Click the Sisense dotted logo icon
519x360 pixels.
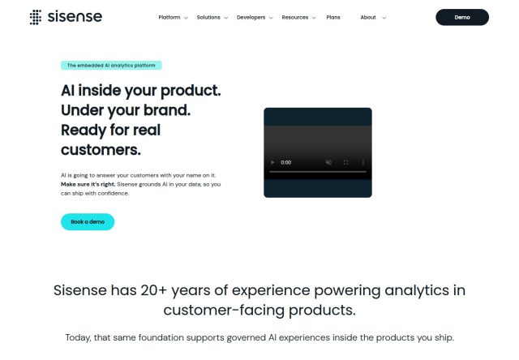point(36,17)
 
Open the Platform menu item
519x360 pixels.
point(169,17)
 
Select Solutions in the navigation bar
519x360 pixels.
point(208,17)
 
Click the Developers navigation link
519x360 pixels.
point(251,17)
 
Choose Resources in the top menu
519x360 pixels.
point(295,17)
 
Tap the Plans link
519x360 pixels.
point(333,17)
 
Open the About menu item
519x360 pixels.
point(368,17)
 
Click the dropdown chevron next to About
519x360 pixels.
point(384,18)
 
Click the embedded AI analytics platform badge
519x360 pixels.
point(111,65)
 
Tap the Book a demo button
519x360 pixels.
point(88,221)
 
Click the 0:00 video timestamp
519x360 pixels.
point(286,162)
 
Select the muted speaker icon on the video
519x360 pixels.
point(328,162)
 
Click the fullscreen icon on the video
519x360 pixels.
point(346,162)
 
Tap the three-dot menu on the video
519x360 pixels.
point(363,162)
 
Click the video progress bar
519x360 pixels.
point(318,172)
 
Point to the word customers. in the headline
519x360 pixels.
point(101,150)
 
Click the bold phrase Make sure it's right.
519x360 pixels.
point(88,184)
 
